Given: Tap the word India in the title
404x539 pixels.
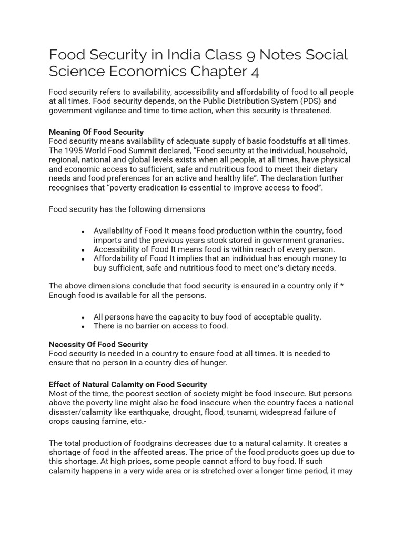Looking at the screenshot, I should click(x=186, y=55).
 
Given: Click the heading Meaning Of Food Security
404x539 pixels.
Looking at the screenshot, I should click(x=96, y=132).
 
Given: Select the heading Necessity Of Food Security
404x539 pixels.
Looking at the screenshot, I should click(x=98, y=344).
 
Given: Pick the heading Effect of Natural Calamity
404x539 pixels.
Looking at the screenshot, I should click(x=128, y=384).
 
